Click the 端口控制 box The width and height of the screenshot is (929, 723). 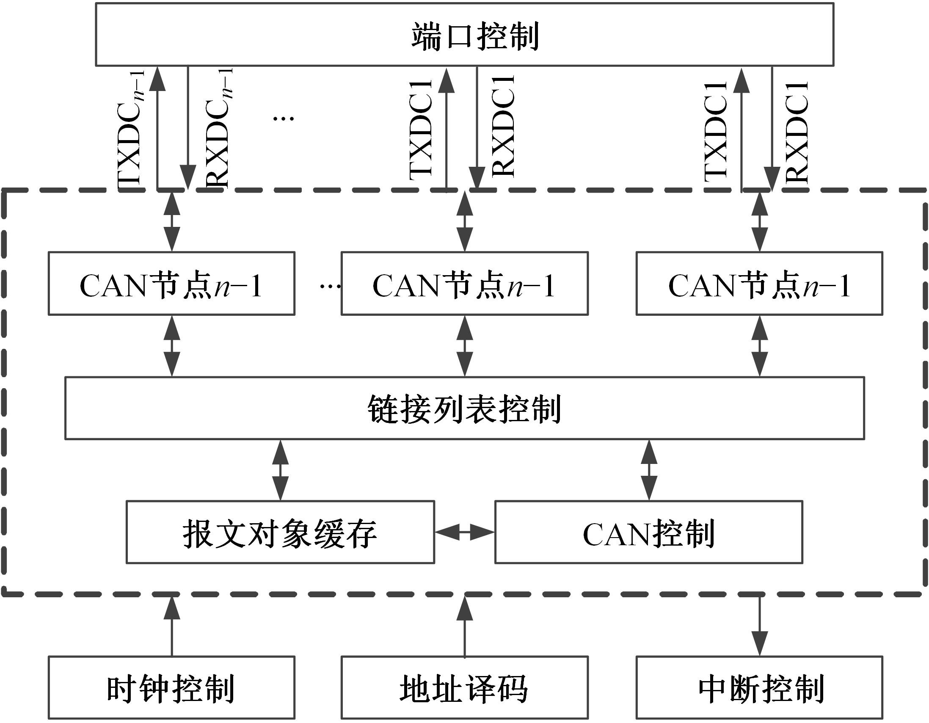click(x=464, y=35)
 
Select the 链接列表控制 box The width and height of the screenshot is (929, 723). click(x=464, y=408)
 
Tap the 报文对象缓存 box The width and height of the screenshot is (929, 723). click(x=280, y=533)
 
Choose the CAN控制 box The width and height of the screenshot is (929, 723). click(x=648, y=533)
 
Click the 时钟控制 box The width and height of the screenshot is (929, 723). click(x=171, y=688)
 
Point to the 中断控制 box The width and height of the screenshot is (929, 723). click(x=759, y=688)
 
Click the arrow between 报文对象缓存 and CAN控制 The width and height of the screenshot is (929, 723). click(x=465, y=532)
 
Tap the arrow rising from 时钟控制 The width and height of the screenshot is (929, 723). click(x=172, y=626)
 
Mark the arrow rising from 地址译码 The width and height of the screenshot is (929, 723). click(x=465, y=626)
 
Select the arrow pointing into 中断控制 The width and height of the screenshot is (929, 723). click(x=760, y=626)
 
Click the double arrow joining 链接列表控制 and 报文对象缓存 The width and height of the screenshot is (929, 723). click(x=280, y=470)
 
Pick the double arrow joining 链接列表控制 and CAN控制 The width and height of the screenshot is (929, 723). click(x=649, y=470)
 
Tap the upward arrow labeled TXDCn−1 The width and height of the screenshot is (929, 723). click(x=158, y=128)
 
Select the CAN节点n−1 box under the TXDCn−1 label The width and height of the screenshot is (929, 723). click(x=171, y=284)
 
